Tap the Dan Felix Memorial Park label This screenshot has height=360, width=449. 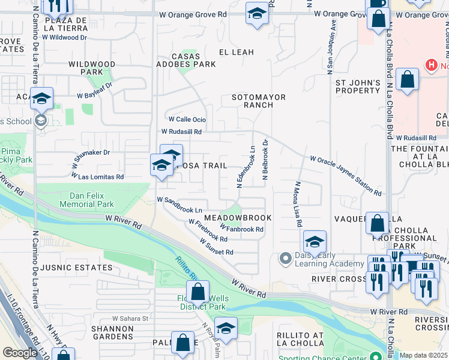coord(87,200)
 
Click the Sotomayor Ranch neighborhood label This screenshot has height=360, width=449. coord(259,101)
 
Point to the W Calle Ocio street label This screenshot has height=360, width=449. coord(187,119)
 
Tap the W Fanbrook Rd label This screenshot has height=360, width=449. coord(242,229)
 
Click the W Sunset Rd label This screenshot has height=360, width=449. coord(217,247)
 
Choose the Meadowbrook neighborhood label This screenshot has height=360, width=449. coord(238,217)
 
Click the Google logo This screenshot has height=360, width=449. coord(20,353)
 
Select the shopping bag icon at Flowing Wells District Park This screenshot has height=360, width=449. coord(197,293)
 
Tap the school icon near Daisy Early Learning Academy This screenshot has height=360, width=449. coord(315,242)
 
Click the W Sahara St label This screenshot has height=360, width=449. coord(130,319)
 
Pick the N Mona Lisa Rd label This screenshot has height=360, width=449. coord(298,205)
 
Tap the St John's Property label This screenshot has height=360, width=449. coord(358,86)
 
